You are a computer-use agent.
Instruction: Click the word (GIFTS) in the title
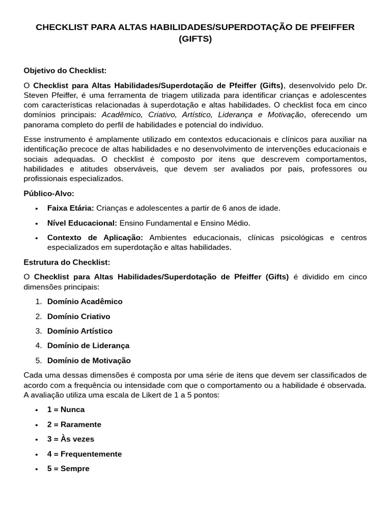195,39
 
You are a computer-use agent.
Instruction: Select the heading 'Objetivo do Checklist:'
65,70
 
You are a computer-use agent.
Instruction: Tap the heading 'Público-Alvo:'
49,193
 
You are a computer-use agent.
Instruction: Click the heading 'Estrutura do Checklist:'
67,262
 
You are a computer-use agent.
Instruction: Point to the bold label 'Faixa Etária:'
70,208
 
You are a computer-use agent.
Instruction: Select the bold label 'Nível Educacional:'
82,223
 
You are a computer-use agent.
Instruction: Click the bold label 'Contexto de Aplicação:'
95,238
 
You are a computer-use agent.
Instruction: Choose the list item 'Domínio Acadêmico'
85,301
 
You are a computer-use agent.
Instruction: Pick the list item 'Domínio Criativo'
78,316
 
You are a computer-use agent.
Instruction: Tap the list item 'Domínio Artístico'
79,331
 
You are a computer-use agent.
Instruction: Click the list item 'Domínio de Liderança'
88,345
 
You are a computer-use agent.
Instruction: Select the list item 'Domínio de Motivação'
89,360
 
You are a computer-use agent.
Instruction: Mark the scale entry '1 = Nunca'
66,409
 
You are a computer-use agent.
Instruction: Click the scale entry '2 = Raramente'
74,424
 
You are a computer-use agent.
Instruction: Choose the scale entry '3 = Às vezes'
70,439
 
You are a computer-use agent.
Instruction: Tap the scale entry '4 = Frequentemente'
84,454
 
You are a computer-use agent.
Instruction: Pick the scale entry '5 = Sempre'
68,469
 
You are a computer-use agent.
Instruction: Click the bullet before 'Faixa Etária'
37,209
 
